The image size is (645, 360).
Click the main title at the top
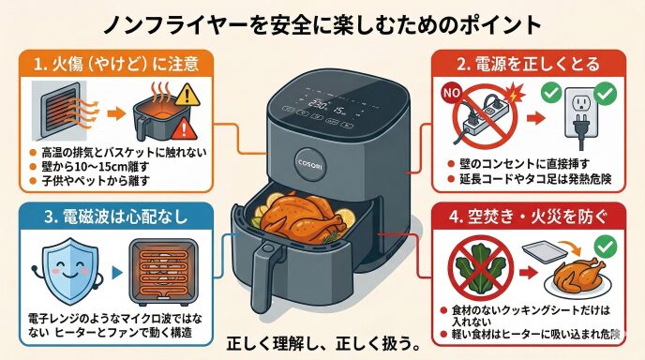pyautogui.click(x=322, y=24)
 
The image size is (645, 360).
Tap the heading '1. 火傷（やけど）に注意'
pyautogui.click(x=116, y=64)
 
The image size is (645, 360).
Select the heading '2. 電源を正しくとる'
pyautogui.click(x=529, y=64)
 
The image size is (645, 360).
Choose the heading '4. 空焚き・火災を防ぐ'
pyautogui.click(x=528, y=217)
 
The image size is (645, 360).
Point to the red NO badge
pyautogui.click(x=451, y=93)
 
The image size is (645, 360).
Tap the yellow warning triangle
pyautogui.click(x=187, y=95)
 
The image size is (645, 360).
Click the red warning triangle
pyautogui.click(x=184, y=128)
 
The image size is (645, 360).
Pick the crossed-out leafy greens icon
pyautogui.click(x=480, y=268)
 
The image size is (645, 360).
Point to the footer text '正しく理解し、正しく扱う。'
pyautogui.click(x=322, y=344)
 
